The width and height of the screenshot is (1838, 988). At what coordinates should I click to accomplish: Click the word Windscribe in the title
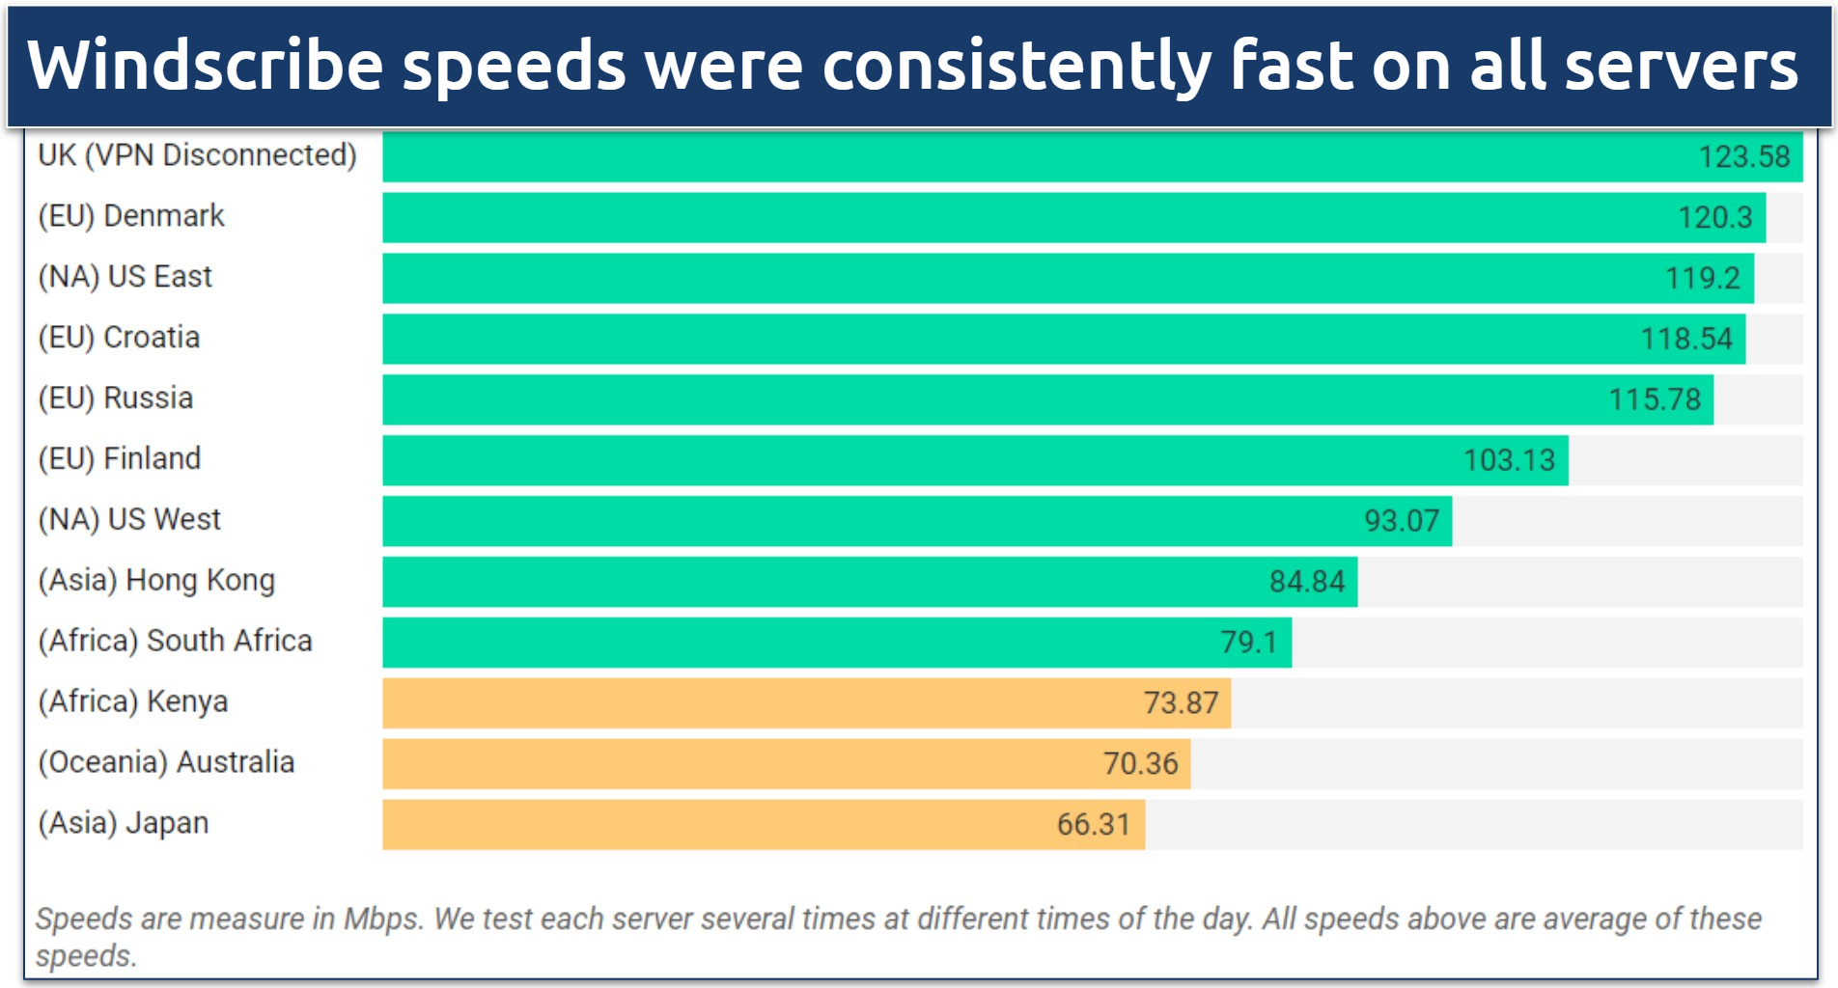coord(205,66)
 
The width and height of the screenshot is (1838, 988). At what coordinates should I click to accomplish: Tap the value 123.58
coord(1743,156)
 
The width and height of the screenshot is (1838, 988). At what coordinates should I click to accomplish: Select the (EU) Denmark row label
coord(131,216)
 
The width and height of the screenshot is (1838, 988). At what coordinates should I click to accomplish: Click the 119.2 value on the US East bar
coord(1702,278)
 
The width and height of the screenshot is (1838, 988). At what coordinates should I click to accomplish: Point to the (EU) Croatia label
coord(119,338)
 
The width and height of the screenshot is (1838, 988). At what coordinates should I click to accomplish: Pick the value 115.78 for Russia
coord(1654,399)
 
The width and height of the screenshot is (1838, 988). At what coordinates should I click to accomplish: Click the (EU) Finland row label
coord(120,459)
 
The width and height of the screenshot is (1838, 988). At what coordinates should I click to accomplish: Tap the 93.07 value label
coord(1401,521)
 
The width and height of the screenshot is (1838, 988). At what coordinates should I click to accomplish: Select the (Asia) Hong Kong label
coord(156,581)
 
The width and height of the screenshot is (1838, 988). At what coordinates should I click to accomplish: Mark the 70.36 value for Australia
coord(1140,764)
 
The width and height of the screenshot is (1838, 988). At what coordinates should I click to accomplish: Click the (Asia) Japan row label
coord(124,824)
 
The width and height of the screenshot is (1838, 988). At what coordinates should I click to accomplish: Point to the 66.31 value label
coord(1093,825)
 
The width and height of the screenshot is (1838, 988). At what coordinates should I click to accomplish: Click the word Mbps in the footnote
coord(382,919)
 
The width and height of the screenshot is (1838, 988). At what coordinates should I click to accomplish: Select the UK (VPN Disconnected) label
coord(197,155)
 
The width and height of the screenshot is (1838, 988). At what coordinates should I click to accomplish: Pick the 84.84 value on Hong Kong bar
coord(1306,582)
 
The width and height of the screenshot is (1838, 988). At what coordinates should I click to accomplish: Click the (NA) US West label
coord(129,520)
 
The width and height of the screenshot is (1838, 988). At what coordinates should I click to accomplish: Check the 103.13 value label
coord(1509,460)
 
